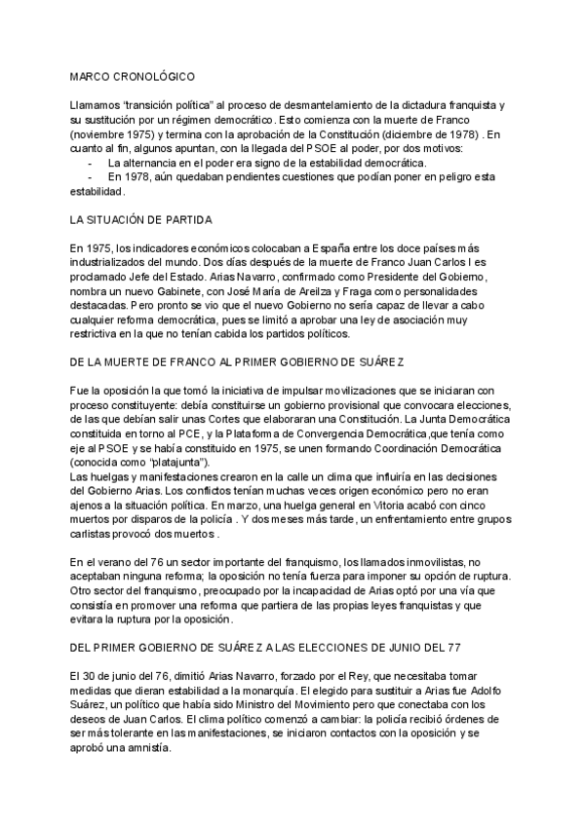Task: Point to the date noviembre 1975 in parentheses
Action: [x=115, y=132]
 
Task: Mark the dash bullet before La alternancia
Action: [x=91, y=163]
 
